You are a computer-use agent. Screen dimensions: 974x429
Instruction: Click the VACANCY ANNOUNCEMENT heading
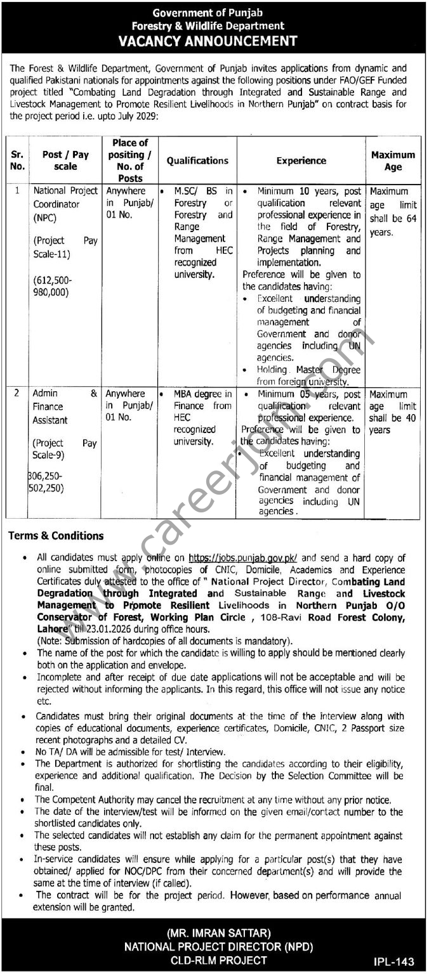click(x=214, y=41)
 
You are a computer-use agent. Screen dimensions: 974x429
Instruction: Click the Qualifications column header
click(x=197, y=160)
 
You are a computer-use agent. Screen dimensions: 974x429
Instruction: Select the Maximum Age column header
click(x=393, y=160)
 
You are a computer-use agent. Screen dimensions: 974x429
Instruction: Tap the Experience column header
click(x=301, y=160)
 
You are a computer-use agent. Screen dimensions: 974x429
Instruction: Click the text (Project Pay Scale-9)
click(x=65, y=449)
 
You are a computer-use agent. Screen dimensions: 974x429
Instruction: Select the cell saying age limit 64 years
click(x=393, y=212)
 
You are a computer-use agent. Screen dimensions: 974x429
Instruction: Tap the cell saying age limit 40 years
click(x=393, y=412)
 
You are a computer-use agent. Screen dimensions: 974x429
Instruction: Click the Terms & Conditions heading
click(x=56, y=536)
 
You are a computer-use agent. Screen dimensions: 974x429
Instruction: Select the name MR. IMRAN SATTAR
click(x=214, y=933)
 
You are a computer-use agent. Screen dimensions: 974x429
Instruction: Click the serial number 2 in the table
click(x=18, y=394)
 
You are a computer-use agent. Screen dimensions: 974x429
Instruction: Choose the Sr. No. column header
click(x=18, y=160)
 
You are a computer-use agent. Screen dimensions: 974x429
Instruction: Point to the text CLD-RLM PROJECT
click(x=214, y=960)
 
